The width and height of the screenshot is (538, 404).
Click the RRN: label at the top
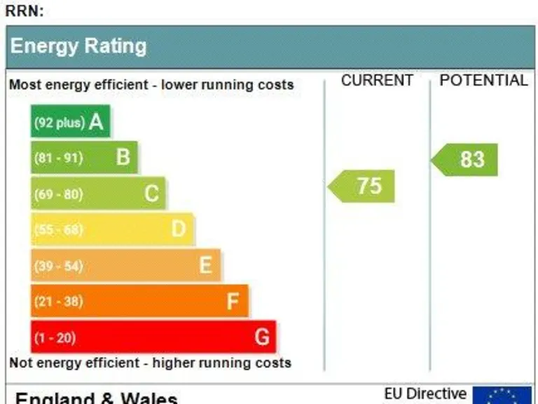[25, 11]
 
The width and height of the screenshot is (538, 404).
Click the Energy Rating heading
[78, 46]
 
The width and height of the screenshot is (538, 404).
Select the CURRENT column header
[377, 81]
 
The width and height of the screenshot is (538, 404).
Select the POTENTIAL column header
[483, 81]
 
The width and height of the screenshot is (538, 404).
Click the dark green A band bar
[70, 122]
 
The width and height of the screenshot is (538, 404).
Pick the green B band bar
[84, 158]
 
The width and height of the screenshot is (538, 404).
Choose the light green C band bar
[98, 194]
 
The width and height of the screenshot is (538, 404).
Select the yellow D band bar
[112, 229]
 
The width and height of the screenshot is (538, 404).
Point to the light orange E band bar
[125, 265]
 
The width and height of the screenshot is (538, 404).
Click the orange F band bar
[139, 301]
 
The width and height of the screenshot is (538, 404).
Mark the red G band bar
[153, 337]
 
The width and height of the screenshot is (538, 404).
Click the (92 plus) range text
[59, 123]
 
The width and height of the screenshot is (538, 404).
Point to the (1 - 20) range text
[55, 338]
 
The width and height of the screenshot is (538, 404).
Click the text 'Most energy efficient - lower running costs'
[151, 85]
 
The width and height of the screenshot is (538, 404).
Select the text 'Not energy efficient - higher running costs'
[150, 363]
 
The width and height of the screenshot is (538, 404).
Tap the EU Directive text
[425, 394]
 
